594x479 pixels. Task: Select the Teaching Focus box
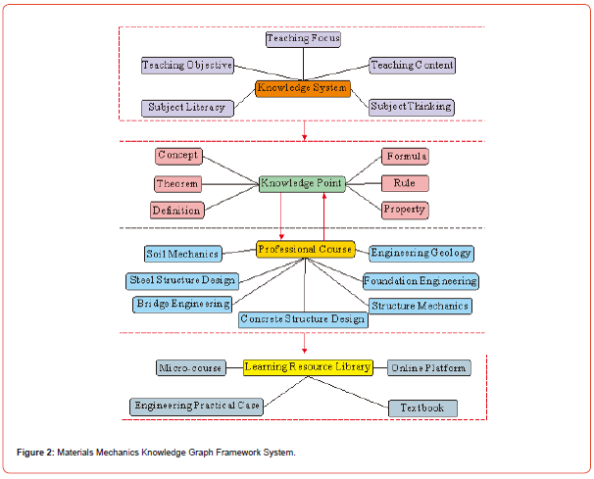(304, 39)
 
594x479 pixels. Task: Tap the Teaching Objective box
(187, 66)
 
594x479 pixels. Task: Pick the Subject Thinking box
(412, 106)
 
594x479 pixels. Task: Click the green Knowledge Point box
(301, 183)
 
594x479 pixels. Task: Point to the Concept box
(178, 156)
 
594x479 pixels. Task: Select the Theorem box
(177, 183)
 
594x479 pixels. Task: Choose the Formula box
(406, 157)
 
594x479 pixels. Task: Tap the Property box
(405, 210)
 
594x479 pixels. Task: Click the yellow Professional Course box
(304, 250)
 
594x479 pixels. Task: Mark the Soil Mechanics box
(183, 254)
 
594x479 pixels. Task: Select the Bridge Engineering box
(183, 305)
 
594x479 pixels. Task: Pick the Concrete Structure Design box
(304, 319)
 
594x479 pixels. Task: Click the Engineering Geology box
(421, 254)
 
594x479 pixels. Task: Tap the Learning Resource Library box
(308, 367)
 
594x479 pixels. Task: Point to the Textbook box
(422, 407)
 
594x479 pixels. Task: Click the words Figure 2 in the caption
(35, 453)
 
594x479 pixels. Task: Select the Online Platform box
(427, 368)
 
